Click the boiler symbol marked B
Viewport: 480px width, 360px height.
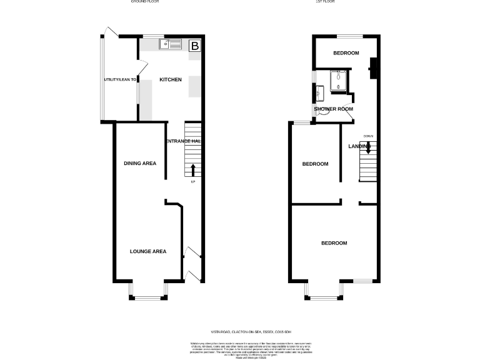(195, 46)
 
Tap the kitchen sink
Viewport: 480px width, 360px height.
(170, 44)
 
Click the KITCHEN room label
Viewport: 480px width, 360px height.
(171, 80)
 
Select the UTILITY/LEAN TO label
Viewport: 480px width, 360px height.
(120, 80)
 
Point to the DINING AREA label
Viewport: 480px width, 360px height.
(139, 163)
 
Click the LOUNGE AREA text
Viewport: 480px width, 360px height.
(147, 251)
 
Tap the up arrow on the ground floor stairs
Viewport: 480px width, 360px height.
(192, 170)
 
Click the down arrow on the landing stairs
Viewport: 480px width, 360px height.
(368, 147)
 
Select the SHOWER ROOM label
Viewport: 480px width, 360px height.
(333, 109)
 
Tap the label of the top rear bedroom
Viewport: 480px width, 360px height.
(346, 53)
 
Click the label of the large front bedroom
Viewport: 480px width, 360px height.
(334, 243)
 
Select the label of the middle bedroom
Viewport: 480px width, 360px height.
(315, 164)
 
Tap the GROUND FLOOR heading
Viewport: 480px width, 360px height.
(145, 2)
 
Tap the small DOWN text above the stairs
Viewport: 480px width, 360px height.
(368, 136)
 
